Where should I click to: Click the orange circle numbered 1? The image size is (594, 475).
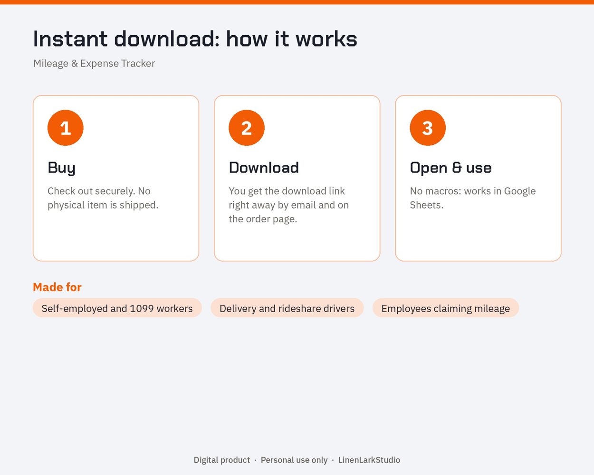(66, 128)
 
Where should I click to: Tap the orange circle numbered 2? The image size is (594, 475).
(247, 128)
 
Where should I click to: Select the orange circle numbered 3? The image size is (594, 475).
(428, 128)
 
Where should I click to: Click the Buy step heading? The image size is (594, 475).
(62, 168)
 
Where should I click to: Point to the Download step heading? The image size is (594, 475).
(264, 168)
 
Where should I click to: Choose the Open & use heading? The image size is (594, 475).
(451, 168)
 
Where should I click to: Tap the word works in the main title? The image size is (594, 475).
(326, 39)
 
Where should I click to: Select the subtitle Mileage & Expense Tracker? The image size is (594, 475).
(94, 64)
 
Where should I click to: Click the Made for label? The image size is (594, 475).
(57, 287)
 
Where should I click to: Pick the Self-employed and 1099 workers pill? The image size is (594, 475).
(117, 308)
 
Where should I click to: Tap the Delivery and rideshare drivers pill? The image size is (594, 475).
(287, 308)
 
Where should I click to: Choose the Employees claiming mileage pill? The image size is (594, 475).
(446, 308)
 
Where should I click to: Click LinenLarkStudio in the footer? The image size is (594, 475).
(369, 460)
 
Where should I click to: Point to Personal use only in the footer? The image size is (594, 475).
(294, 460)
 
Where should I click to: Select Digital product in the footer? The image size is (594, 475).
(222, 460)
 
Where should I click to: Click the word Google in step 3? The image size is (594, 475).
(520, 191)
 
